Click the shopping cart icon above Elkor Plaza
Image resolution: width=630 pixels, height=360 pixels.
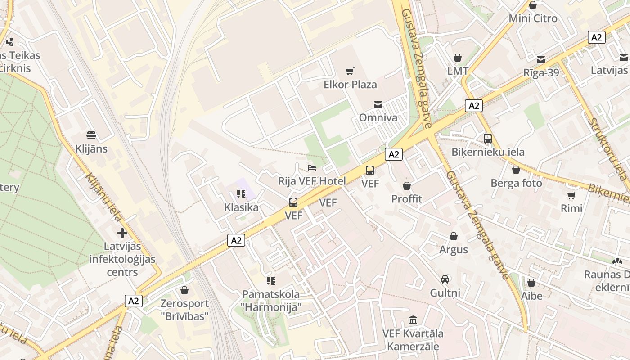coord(350,71)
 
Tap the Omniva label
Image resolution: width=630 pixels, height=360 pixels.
coord(378,117)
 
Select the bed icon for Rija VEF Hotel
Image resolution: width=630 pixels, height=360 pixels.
coord(312,168)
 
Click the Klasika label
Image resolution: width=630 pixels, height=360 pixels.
coord(241,207)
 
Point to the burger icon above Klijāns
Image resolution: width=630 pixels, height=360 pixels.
coord(91,135)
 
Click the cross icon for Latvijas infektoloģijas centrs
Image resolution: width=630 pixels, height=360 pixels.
coord(122,233)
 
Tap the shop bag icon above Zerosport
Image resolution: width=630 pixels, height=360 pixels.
coord(184,290)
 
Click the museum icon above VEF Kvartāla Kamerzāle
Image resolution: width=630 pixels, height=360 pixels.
coord(413,320)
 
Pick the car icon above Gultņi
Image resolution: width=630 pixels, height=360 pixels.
coord(445,279)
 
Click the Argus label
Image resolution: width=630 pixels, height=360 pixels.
coord(454,249)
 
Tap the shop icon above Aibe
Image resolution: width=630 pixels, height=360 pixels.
coord(531,283)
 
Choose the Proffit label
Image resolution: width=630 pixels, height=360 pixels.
coord(407,199)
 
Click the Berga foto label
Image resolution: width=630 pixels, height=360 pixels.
coord(516,183)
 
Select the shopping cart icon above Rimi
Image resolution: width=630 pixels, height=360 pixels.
coord(571,195)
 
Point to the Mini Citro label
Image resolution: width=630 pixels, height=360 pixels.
coord(533,18)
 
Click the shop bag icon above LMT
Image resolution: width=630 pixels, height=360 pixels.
coord(458,58)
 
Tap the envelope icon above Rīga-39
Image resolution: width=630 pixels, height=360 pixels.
coord(540,59)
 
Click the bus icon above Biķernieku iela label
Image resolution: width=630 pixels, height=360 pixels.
coord(488,139)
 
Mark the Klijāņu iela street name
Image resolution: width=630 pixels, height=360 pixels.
coord(103,197)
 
